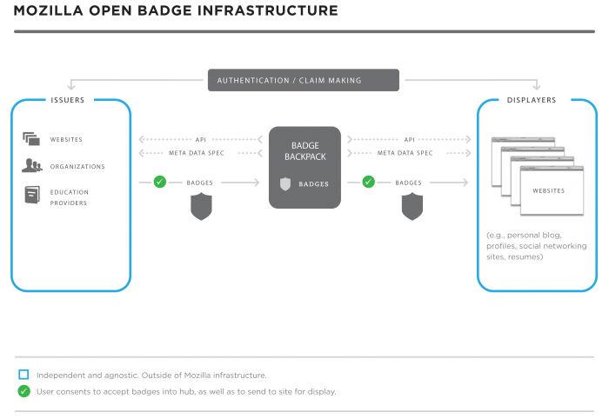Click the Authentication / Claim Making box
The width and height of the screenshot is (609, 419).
click(304, 81)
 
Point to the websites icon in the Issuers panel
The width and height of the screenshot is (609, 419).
click(32, 138)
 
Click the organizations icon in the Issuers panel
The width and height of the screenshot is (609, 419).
click(32, 165)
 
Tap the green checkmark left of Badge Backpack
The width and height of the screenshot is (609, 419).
click(159, 183)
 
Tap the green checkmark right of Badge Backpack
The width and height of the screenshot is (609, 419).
click(368, 183)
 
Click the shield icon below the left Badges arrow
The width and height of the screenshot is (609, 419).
click(201, 206)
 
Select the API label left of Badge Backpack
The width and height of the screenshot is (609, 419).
click(201, 139)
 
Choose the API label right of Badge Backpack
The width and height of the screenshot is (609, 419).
click(410, 139)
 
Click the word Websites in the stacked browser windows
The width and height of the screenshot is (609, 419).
click(547, 190)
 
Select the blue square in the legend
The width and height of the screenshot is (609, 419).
click(23, 375)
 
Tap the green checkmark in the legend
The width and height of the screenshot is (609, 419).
click(23, 391)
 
